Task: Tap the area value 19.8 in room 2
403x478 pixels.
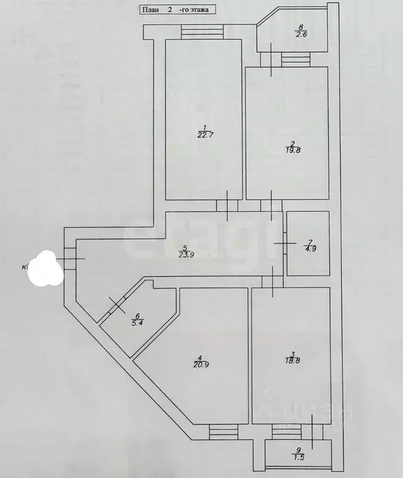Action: tap(287, 149)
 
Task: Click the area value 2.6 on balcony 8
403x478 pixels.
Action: tap(301, 35)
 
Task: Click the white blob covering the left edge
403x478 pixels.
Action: tap(47, 269)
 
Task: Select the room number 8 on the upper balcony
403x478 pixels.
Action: tap(301, 27)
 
